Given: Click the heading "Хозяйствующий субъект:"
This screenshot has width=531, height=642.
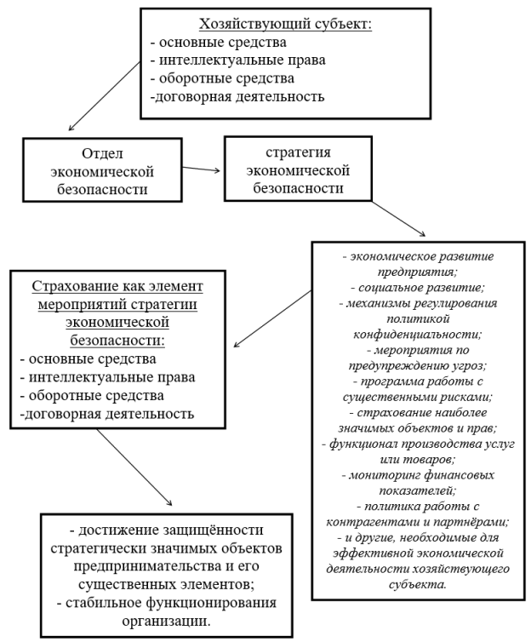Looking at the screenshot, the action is tap(286, 25).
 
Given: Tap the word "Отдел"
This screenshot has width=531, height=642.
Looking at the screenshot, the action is tap(102, 154).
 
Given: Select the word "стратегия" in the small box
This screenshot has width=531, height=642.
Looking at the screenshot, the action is tap(298, 152).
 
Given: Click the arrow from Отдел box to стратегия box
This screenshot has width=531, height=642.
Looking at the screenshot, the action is tap(202, 169).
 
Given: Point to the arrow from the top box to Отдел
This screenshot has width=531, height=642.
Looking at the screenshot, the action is tap(105, 96).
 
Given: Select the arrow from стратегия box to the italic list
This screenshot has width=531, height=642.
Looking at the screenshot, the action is tap(398, 218).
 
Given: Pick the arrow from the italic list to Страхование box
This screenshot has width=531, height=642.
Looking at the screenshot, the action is tap(272, 319).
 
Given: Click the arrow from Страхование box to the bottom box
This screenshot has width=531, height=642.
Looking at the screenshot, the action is tap(134, 467).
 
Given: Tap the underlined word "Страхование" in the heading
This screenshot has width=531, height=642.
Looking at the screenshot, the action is tap(73, 286).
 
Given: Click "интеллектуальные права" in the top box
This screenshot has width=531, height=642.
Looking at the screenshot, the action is tap(243, 60).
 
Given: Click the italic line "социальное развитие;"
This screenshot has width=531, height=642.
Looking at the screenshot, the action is tap(418, 288).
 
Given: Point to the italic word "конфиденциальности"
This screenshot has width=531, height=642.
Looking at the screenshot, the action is tap(418, 335).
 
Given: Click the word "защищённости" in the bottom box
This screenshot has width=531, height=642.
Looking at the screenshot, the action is tap(214, 530).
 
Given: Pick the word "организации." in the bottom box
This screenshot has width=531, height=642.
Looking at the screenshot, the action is tap(167, 621).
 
